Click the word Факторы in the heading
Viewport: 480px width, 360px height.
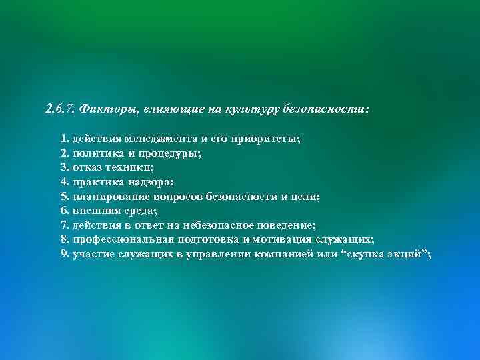[103, 108]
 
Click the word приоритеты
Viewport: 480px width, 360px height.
[265, 139]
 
